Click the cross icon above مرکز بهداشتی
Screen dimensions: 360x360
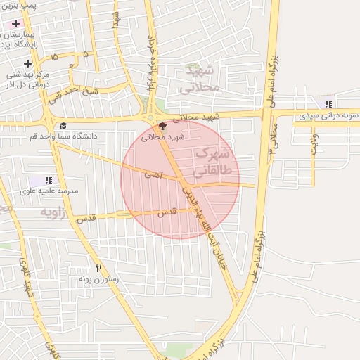tap(27, 64)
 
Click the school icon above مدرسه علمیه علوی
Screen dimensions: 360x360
tap(49, 181)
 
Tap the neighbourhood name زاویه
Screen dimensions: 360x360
tap(53, 212)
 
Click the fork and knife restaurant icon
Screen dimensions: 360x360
tap(99, 269)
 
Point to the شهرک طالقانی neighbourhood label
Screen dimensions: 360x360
tap(211, 162)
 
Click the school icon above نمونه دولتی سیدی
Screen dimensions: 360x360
tap(328, 105)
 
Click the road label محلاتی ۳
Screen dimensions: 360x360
tap(274, 137)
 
